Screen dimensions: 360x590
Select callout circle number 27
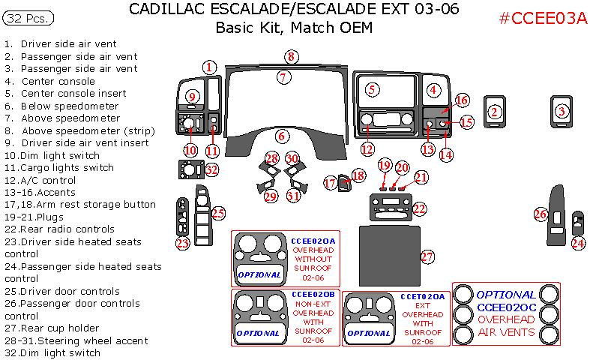(x=427, y=256)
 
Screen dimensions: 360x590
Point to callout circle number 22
(x=419, y=207)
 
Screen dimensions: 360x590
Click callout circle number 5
(x=371, y=89)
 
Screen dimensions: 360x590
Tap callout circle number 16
(x=462, y=100)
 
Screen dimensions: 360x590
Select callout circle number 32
(x=211, y=169)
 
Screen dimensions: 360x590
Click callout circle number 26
(x=540, y=214)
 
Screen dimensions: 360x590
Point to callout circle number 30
(x=292, y=158)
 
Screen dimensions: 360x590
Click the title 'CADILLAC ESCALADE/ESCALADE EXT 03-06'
(x=295, y=10)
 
